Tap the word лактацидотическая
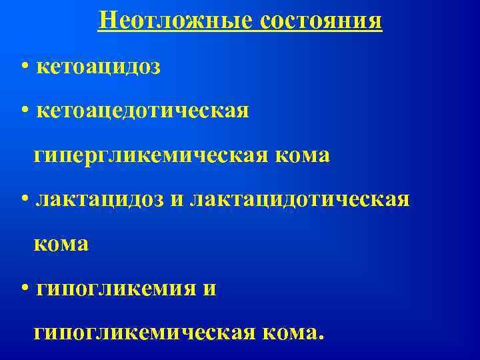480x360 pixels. [x=299, y=199]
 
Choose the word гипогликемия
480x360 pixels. [x=109, y=289]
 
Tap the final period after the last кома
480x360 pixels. [x=321, y=338]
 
